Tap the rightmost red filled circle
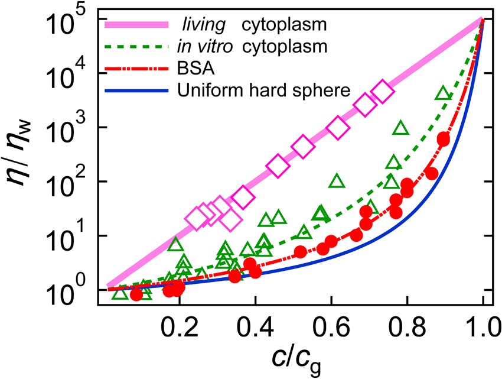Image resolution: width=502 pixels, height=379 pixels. [x=443, y=139]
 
